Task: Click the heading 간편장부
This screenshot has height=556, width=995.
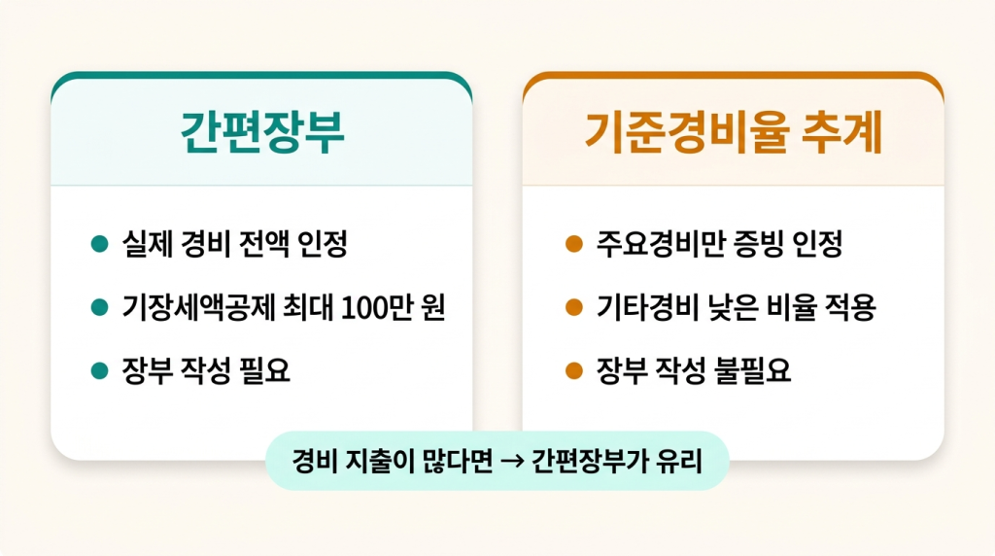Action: pyautogui.click(x=262, y=133)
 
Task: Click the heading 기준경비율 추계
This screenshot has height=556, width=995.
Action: pyautogui.click(x=733, y=133)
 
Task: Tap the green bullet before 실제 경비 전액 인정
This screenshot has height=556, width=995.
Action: pyautogui.click(x=97, y=244)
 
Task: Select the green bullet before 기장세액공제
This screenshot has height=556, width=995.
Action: pyautogui.click(x=97, y=308)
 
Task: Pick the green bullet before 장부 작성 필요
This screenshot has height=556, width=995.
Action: pyautogui.click(x=97, y=370)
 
